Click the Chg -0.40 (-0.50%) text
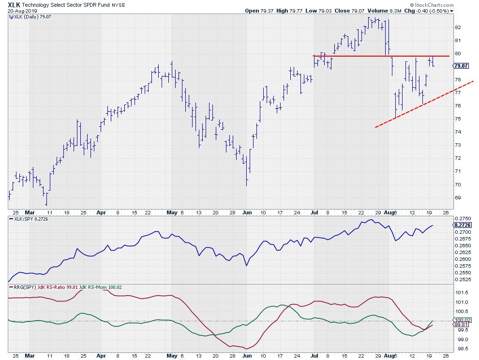tap(425, 11)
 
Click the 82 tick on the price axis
tap(458, 27)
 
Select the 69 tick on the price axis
tap(458, 197)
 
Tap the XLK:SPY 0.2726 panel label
tap(30, 220)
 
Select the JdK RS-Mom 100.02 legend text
tap(102, 287)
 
